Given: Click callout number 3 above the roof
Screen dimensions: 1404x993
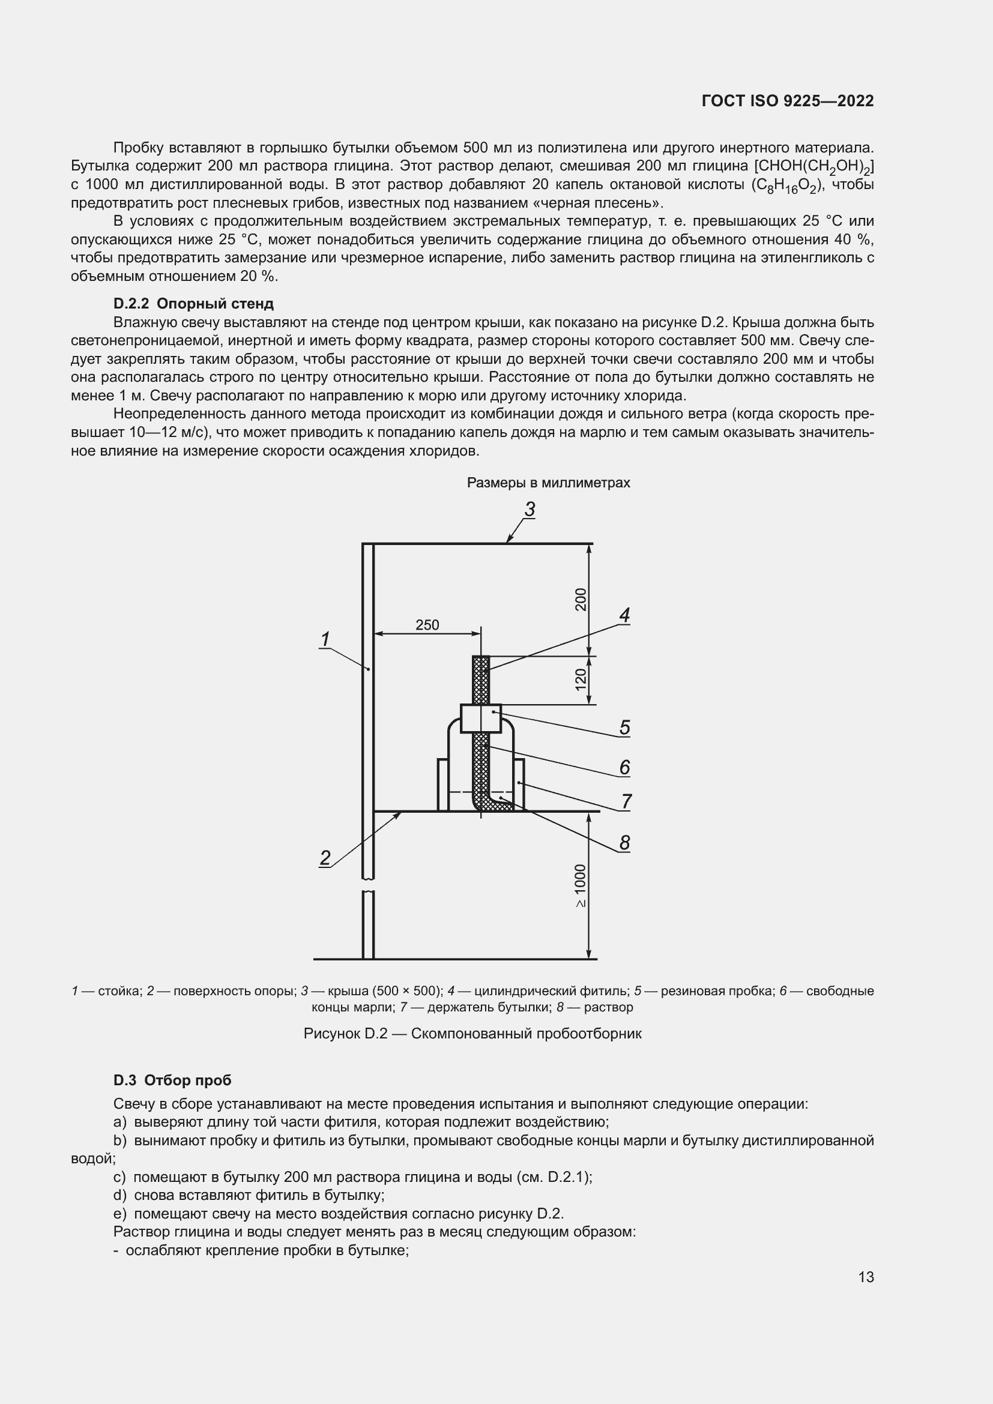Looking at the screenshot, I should click(530, 509).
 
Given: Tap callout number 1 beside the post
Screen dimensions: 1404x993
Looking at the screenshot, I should click(325, 639).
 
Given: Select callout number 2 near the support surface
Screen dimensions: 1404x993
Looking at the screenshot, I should click(325, 858).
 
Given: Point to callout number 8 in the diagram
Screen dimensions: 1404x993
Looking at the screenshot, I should click(624, 843).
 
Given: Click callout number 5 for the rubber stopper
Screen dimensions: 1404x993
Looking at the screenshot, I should click(624, 728).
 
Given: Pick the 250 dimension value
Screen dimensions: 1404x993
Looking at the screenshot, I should click(427, 625).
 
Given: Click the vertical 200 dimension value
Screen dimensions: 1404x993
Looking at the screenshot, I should click(581, 599).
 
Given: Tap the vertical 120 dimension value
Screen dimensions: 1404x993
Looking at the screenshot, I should click(581, 679).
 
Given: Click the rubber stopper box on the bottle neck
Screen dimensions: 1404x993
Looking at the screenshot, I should click(481, 719).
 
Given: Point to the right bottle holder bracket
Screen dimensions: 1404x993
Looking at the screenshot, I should click(519, 785).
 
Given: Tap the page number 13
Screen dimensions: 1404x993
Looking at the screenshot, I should click(866, 1277).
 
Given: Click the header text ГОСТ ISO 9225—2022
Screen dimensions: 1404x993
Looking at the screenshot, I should click(788, 101).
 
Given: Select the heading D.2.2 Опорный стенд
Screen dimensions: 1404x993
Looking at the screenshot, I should click(193, 304).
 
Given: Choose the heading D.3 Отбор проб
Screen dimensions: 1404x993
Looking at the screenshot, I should click(172, 1080).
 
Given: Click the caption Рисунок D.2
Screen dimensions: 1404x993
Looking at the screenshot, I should click(472, 1034).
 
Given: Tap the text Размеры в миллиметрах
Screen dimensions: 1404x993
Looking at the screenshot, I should click(548, 483).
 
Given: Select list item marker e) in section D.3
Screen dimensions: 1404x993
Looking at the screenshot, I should click(120, 1214).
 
